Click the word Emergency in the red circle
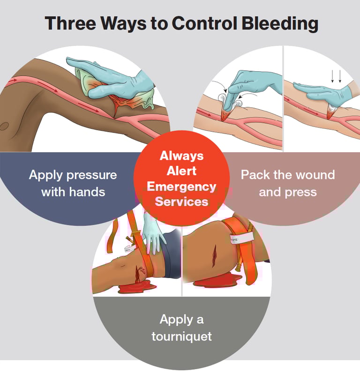(x=181, y=186)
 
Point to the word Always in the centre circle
(x=181, y=155)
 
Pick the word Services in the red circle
(x=181, y=202)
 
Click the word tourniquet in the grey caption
(x=181, y=336)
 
